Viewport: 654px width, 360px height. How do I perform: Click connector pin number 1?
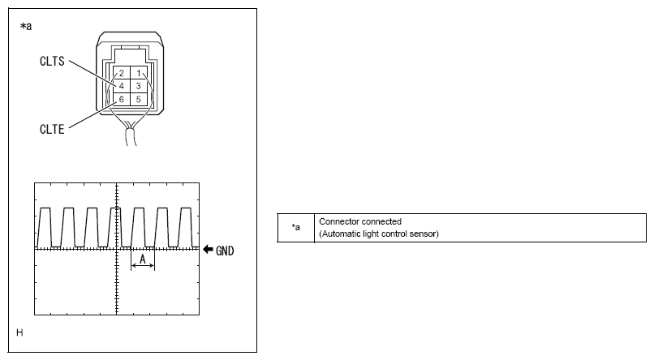139,73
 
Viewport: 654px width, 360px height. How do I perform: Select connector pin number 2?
122,73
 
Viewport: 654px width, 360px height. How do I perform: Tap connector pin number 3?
139,86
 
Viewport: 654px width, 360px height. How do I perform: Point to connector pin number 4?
122,86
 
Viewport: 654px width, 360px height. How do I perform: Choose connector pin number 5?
139,99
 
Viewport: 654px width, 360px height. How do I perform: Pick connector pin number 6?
122,99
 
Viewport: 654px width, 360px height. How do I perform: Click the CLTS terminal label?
52,62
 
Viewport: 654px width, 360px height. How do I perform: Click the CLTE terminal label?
52,129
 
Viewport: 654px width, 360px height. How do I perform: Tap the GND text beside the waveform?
225,251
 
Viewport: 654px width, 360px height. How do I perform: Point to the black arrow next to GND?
208,250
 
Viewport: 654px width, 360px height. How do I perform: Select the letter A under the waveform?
143,259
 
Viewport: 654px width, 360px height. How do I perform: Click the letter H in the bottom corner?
19,332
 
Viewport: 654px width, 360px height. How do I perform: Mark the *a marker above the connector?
26,27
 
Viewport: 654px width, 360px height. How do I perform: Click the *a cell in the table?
295,228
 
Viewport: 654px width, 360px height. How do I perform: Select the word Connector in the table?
336,221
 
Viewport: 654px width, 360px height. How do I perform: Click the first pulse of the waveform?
45,228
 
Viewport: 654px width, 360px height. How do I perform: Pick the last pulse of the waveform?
186,228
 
